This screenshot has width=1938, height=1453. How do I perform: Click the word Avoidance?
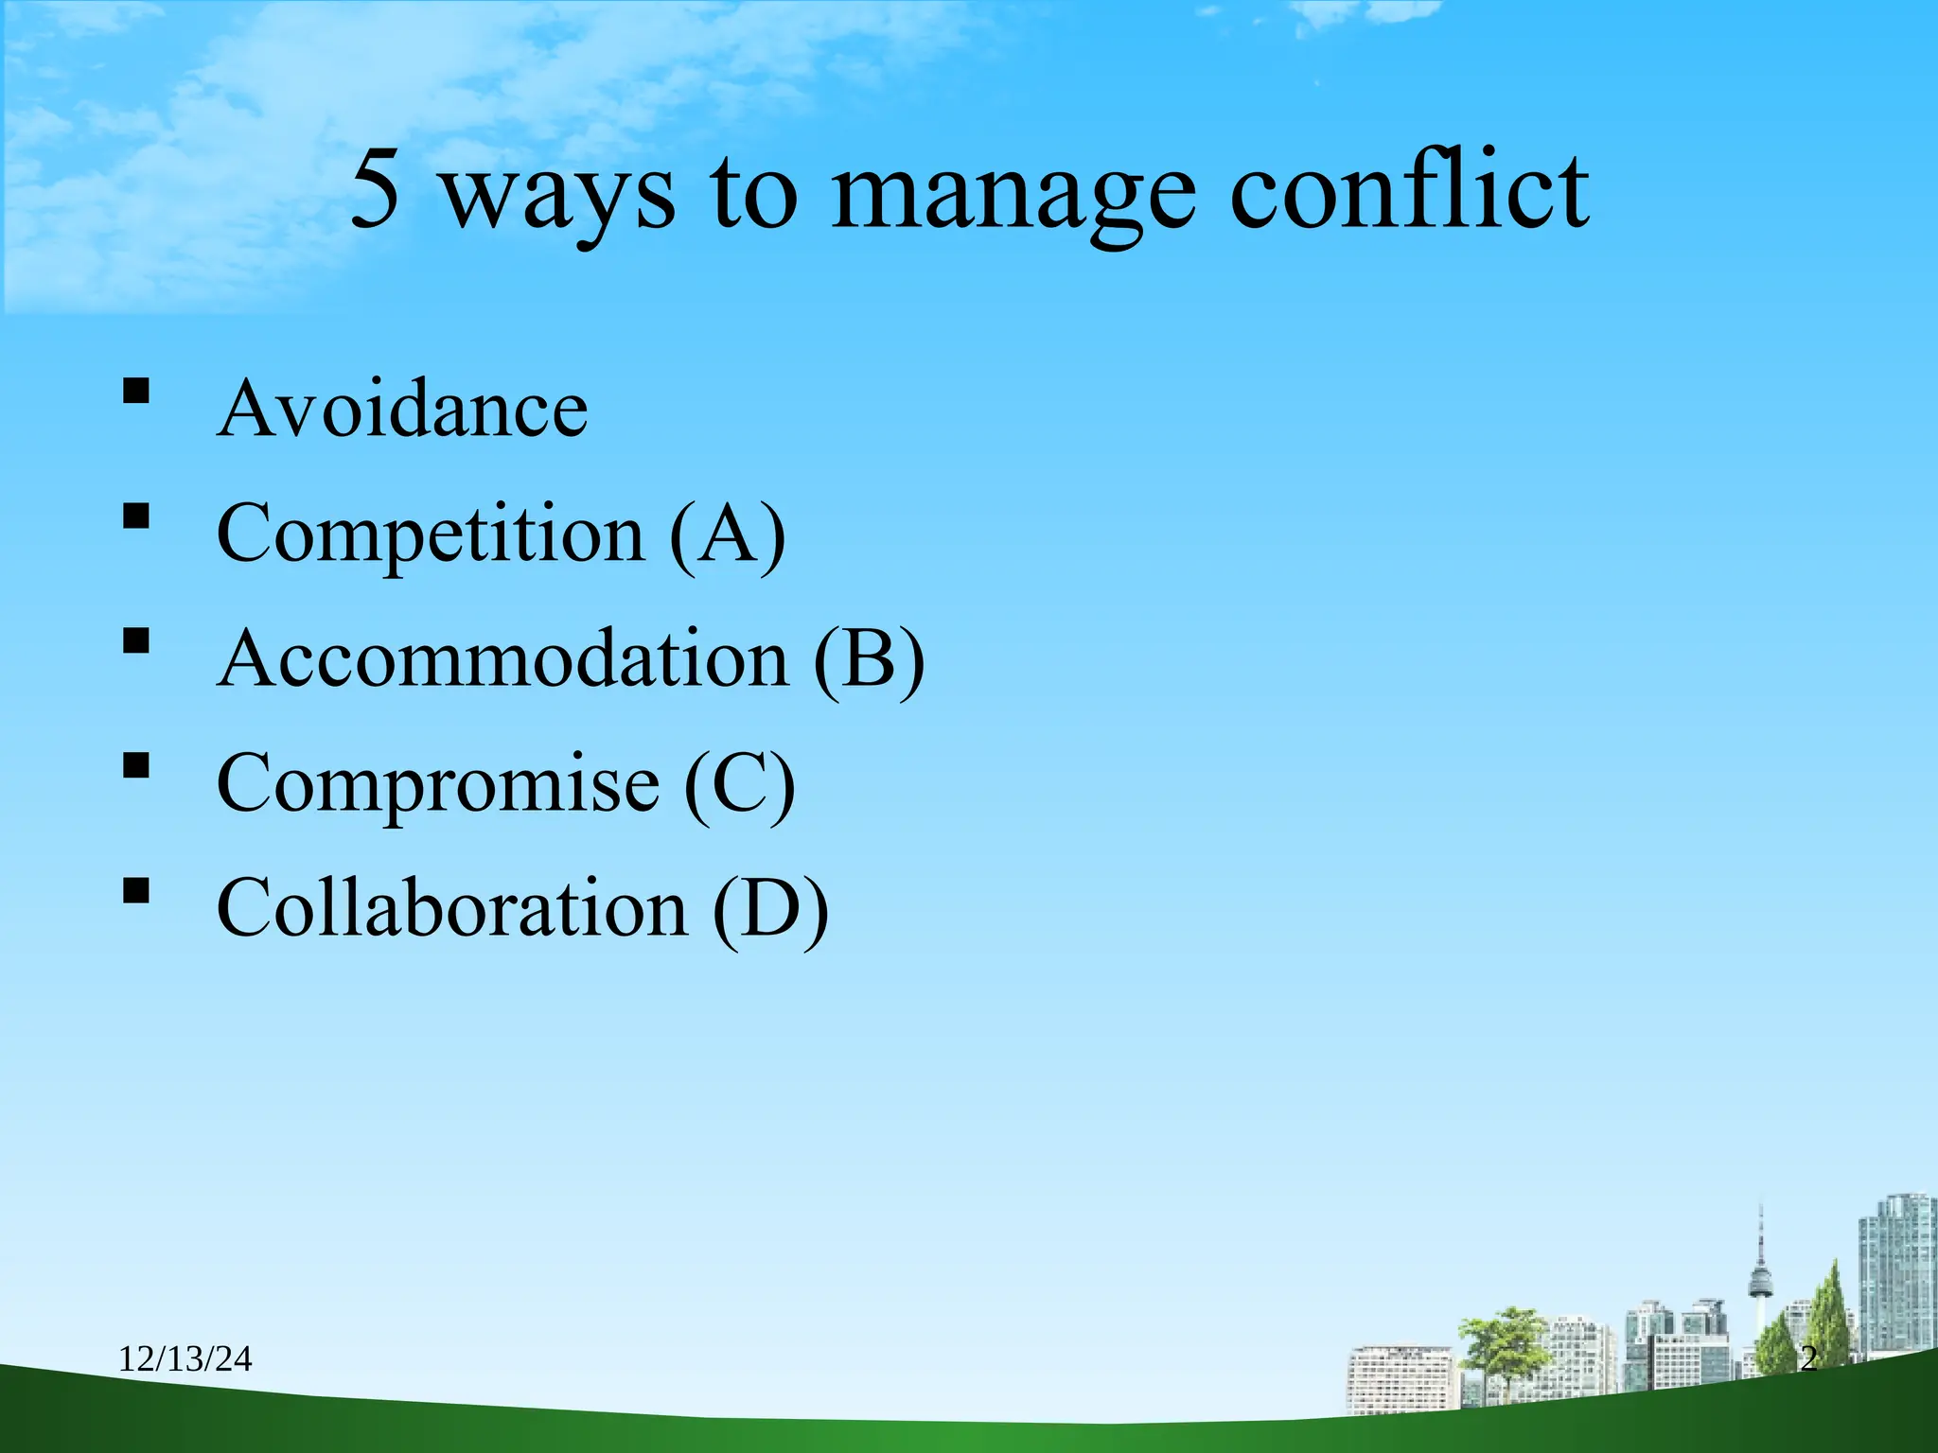coord(402,409)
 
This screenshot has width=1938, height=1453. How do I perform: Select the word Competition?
coord(431,534)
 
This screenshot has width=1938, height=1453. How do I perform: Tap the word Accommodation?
coord(502,659)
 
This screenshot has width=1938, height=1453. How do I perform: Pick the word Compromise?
coord(437,784)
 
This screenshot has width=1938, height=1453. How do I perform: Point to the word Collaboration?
coord(452,908)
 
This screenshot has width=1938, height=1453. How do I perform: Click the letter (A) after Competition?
coord(727,534)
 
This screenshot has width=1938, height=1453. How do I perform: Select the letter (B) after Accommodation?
coord(868,659)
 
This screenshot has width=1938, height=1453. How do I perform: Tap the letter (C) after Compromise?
coord(739,784)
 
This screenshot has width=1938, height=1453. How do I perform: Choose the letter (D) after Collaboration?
coord(770,908)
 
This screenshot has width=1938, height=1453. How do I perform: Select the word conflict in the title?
coord(1409,191)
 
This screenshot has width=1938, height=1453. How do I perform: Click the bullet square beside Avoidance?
coord(136,391)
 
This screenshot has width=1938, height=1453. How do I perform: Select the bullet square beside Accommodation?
coord(136,641)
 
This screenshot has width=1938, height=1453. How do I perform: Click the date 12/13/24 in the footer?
coord(185,1359)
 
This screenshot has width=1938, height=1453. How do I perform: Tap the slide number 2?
coord(1808,1359)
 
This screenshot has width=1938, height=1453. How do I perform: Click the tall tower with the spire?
coord(1760,1277)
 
